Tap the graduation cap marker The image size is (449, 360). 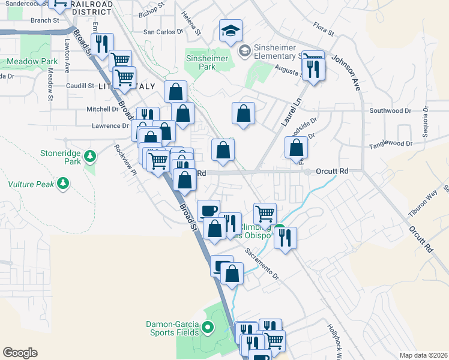click(230, 32)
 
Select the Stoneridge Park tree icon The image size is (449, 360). click(90, 157)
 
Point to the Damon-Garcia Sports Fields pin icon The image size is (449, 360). click(208, 328)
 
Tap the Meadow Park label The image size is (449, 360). click(32, 61)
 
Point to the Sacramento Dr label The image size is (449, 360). click(262, 265)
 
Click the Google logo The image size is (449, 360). click(20, 353)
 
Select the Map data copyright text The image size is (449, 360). click(423, 355)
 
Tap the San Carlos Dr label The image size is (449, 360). click(163, 32)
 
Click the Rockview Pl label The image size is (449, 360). click(127, 159)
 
